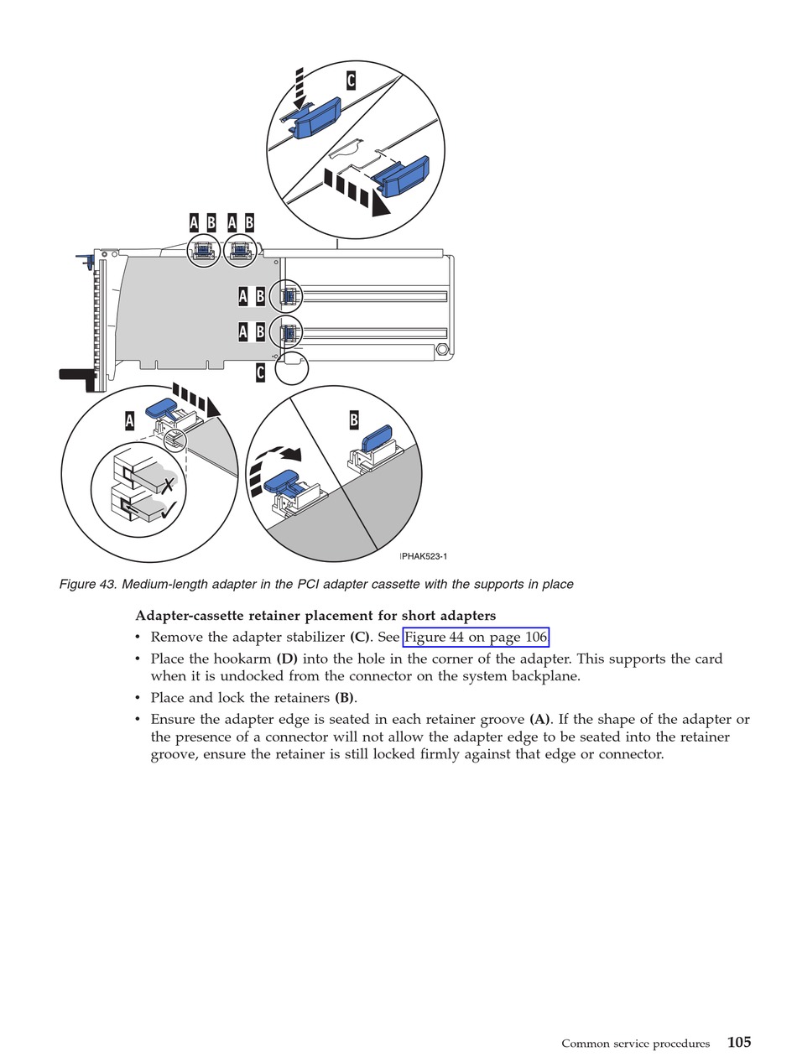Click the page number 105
pos(739,1042)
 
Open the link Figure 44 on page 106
pos(476,637)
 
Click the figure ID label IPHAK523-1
pos(424,556)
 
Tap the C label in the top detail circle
pos(351,81)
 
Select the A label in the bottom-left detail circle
pos(129,420)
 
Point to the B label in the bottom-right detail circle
pos(354,420)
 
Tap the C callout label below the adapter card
pos(260,372)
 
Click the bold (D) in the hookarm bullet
pos(287,659)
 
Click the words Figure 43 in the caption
pos(88,584)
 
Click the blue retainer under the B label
pos(376,439)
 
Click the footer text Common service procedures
pos(635,1044)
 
